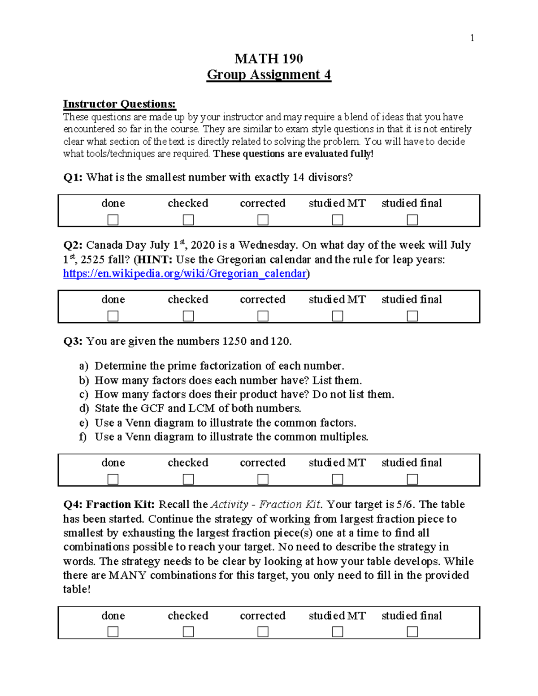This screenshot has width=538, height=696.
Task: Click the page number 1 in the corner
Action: tap(472, 38)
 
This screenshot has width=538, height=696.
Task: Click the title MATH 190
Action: tap(269, 59)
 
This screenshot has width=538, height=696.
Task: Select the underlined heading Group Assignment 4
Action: tap(269, 74)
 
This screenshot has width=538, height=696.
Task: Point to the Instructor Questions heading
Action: tap(119, 104)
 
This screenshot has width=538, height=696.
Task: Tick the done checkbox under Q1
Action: tap(113, 220)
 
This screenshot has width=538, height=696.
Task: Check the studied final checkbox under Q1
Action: tap(412, 220)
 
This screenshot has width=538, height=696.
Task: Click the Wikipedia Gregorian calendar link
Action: tap(185, 273)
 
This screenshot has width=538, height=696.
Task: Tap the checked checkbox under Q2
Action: tap(188, 316)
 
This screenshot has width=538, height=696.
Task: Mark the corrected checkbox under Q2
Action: tap(263, 316)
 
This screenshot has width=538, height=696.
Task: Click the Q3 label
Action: tap(73, 342)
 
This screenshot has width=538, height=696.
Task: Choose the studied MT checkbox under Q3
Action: tap(338, 480)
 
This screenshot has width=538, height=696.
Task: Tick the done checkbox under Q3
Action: tap(113, 480)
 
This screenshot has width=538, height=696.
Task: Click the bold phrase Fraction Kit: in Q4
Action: tap(120, 505)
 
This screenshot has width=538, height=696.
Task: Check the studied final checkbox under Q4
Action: tap(412, 632)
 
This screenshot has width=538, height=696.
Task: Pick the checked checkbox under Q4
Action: tap(188, 632)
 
